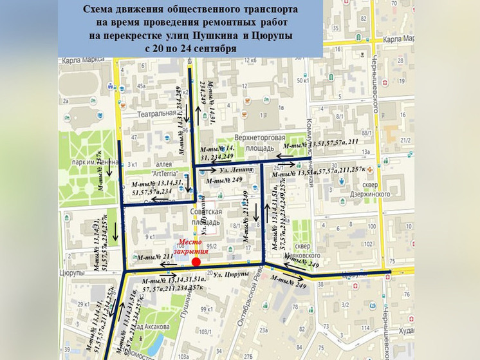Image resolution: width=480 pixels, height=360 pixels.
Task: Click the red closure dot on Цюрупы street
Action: click(x=196, y=261)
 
